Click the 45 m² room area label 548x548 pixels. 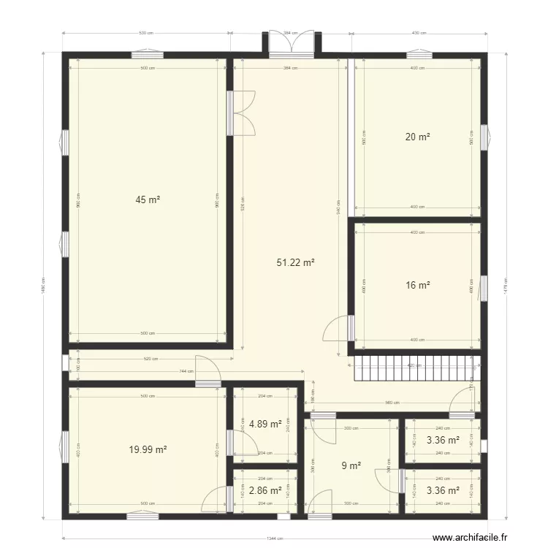point(147,199)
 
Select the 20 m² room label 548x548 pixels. point(417,137)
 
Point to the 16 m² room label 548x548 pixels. point(417,286)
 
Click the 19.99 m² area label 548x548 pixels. point(148,450)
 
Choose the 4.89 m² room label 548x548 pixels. point(265,424)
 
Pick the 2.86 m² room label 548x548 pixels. point(265,491)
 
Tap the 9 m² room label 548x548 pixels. point(351,465)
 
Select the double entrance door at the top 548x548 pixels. point(292,42)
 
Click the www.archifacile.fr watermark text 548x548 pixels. point(469,537)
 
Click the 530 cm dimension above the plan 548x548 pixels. point(146,33)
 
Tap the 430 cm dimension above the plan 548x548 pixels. point(419,33)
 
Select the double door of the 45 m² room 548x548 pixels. point(243,113)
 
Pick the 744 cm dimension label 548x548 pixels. point(186,372)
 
